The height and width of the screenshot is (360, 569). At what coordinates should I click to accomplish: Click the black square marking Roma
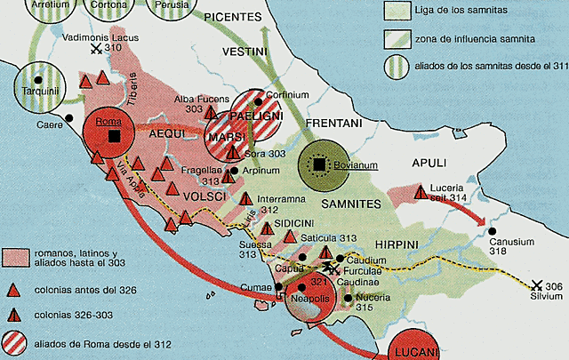coord(114,135)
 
